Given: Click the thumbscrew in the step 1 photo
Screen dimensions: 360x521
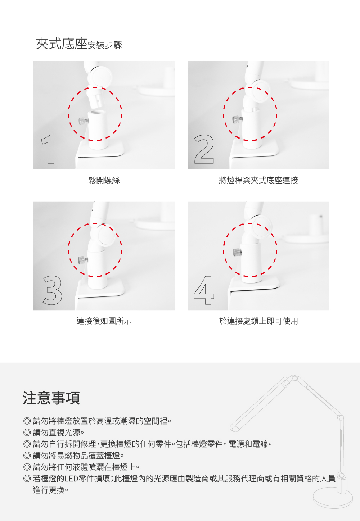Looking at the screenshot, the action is click(84, 121).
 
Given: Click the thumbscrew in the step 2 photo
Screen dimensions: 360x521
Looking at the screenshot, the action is click(237, 119).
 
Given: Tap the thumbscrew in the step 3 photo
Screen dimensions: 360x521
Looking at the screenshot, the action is click(83, 259).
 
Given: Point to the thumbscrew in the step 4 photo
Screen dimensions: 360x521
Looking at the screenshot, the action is click(237, 252).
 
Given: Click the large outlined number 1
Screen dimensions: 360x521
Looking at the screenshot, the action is click(48, 149).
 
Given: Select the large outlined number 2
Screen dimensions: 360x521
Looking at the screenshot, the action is click(204, 149).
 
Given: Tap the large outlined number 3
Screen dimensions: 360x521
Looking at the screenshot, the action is click(53, 290).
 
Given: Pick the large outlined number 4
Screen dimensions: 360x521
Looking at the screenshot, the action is click(204, 290).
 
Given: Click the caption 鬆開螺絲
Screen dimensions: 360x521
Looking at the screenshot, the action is click(104, 180).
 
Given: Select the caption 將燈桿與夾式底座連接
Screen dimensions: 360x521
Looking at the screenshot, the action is click(258, 180).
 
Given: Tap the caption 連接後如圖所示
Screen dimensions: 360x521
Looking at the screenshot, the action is click(104, 321).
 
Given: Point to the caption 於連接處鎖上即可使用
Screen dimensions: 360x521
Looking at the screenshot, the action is click(258, 321).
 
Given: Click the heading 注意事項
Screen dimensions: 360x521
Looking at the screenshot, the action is click(51, 398).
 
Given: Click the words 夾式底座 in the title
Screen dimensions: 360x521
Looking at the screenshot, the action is click(62, 44).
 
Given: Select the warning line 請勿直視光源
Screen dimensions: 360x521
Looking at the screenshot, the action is click(58, 432).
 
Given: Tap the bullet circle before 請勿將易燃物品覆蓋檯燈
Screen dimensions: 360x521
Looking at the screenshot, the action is click(27, 455).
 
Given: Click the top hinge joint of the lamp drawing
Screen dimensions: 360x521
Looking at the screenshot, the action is click(294, 379).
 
